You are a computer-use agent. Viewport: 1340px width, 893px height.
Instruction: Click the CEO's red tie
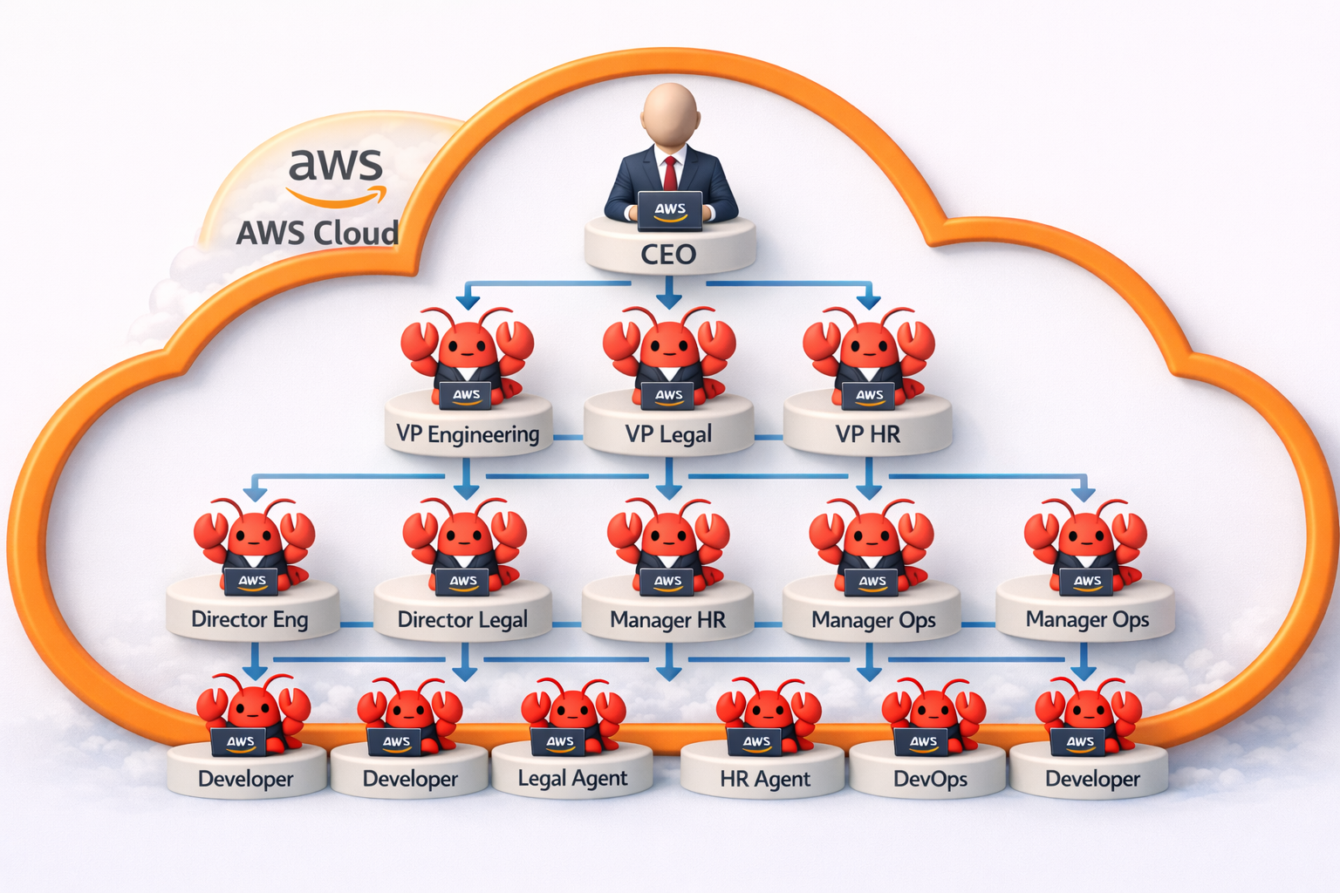pos(670,173)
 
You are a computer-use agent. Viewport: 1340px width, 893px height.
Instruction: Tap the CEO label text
pos(668,255)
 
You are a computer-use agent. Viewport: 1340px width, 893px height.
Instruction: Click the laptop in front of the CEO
pos(669,210)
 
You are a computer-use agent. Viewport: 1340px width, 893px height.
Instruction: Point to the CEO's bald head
pos(670,113)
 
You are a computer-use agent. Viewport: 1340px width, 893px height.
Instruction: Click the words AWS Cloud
pos(318,233)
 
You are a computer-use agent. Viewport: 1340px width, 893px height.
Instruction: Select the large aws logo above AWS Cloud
pos(336,174)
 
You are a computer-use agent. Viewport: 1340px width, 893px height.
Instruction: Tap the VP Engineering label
pos(468,434)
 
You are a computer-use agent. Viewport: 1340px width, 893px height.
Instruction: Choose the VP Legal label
pos(668,434)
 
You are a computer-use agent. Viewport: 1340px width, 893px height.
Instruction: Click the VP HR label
pos(867,434)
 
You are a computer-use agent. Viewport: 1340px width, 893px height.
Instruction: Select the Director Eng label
pos(250,620)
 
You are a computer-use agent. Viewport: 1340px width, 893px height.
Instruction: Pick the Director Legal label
pos(462,620)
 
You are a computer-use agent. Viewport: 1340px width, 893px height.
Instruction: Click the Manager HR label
pos(667,620)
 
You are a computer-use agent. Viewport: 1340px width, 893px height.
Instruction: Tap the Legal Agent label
pos(572,778)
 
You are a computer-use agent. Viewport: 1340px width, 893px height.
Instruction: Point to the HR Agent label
pos(764,779)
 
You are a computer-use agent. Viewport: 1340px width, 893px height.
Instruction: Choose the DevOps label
pos(930,779)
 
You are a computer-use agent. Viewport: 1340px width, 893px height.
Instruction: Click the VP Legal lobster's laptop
pos(668,395)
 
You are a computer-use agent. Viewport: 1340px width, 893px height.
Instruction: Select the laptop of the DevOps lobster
pos(923,741)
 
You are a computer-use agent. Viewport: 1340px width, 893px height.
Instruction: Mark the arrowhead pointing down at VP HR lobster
pos(868,302)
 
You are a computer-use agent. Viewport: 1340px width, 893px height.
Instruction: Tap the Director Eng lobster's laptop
pos(252,581)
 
